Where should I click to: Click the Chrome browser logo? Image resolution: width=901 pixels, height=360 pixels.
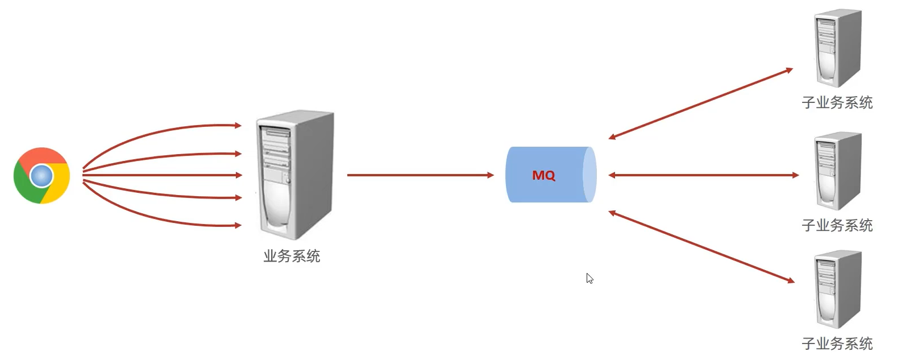pyautogui.click(x=42, y=176)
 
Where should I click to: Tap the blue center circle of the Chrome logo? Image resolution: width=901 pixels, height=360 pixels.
pyautogui.click(x=41, y=176)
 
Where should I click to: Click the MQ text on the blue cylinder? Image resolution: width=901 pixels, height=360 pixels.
pyautogui.click(x=543, y=175)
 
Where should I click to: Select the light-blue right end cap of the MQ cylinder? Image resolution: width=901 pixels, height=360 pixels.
pyautogui.click(x=589, y=175)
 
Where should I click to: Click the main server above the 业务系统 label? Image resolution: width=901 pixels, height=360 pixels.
pyautogui.click(x=295, y=175)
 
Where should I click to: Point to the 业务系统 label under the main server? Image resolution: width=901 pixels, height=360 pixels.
pyautogui.click(x=292, y=256)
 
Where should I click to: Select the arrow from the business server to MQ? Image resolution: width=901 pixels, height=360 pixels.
pyautogui.click(x=420, y=175)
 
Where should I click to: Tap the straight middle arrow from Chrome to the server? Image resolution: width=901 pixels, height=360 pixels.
pyautogui.click(x=162, y=175)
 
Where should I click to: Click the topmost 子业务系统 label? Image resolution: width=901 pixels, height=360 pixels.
pyautogui.click(x=837, y=102)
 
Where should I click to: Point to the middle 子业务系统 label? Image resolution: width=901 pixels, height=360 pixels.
pyautogui.click(x=837, y=225)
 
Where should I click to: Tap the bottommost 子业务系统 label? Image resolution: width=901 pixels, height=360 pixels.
pyautogui.click(x=837, y=344)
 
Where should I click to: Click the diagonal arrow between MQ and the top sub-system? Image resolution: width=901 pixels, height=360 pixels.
pyautogui.click(x=701, y=104)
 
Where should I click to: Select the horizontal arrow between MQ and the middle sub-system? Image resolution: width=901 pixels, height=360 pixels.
pyautogui.click(x=704, y=175)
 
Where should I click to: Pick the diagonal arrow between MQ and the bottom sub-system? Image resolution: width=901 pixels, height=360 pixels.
pyautogui.click(x=701, y=247)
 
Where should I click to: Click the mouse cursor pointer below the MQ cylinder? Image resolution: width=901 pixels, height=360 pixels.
pyautogui.click(x=589, y=278)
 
